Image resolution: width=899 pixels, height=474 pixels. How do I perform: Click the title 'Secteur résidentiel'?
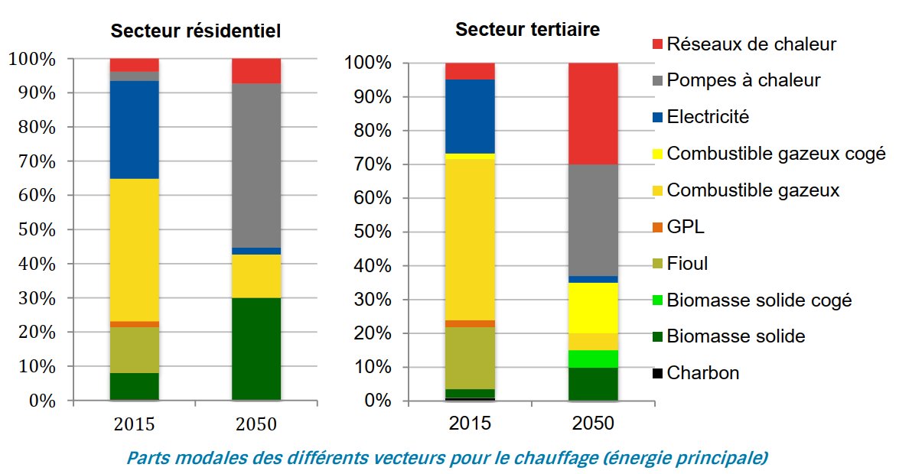[x=196, y=31]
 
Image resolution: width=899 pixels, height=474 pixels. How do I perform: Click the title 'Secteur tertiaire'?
[x=528, y=30]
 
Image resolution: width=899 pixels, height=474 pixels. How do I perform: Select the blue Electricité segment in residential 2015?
[x=135, y=129]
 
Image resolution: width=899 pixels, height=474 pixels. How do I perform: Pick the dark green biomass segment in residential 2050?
[x=256, y=349]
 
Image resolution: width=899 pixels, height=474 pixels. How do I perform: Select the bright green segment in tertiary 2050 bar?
[x=593, y=359]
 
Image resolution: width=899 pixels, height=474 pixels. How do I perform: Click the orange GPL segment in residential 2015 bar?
[x=135, y=324]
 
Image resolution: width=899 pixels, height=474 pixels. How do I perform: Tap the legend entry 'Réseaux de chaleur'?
[x=751, y=44]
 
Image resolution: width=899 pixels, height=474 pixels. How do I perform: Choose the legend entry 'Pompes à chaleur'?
[x=754, y=80]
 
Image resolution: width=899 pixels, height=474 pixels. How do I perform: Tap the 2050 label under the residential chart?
[x=256, y=424]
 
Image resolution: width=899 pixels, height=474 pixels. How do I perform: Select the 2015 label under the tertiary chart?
[x=471, y=424]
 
